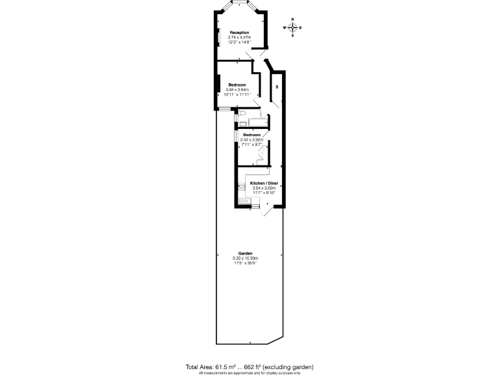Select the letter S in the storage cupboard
click(277, 86)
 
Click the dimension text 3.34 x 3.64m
click(237, 90)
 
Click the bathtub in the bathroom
click(257, 122)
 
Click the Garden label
click(245, 253)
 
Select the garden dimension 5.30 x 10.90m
click(245, 258)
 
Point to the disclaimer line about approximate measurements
click(249, 372)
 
